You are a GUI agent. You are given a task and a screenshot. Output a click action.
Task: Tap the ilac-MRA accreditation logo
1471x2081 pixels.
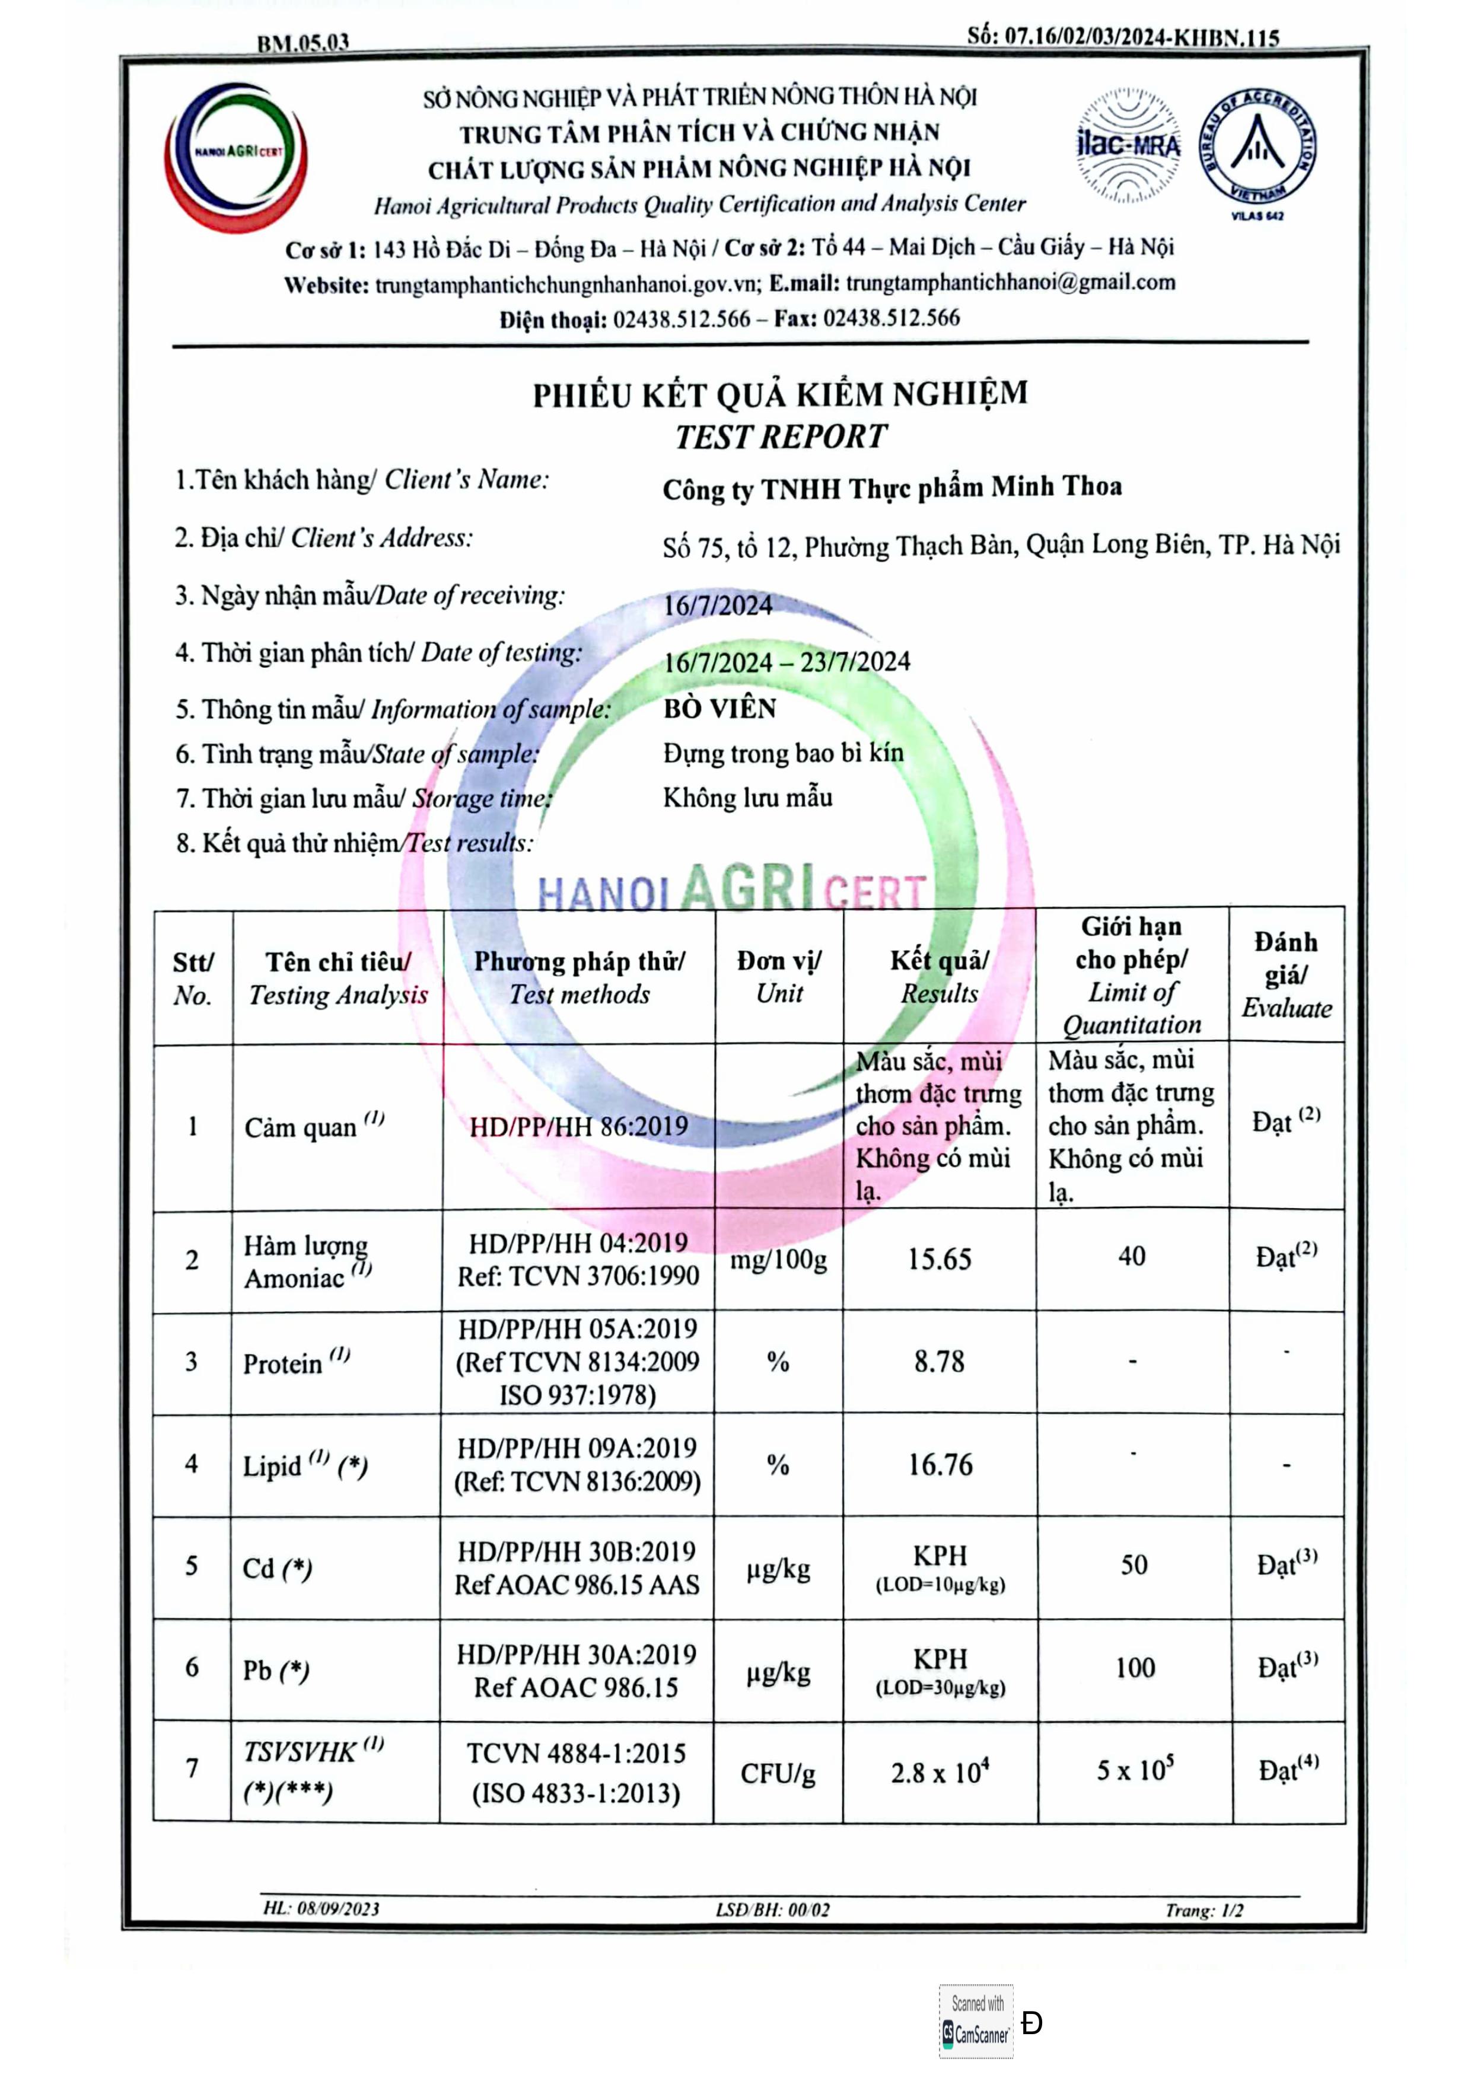pos(1128,145)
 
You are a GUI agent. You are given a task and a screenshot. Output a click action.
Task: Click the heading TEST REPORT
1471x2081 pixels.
pos(781,437)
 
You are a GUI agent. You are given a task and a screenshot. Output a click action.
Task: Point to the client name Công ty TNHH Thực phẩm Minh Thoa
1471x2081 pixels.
pos(892,487)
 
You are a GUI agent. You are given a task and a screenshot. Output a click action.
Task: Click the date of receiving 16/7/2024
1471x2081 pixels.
pos(718,604)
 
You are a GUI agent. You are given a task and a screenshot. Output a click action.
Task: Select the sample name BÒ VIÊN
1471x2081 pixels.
pos(719,708)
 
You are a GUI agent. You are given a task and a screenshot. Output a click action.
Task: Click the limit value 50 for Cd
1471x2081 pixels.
pos(1133,1564)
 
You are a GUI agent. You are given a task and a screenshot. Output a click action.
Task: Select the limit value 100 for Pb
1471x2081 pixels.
pos(1135,1667)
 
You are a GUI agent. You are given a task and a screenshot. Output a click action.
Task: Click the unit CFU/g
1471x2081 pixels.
pos(778,1772)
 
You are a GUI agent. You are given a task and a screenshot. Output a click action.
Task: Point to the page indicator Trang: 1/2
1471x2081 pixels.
pos(1203,1910)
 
